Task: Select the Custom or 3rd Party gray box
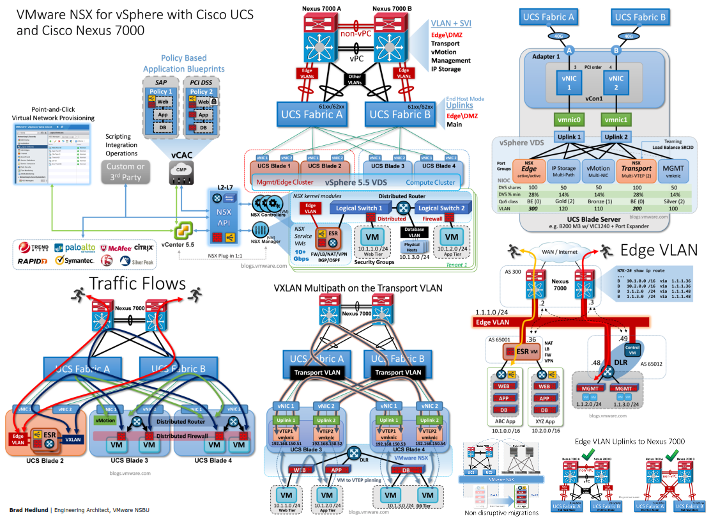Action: tap(126, 171)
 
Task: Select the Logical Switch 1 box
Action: tap(360, 208)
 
